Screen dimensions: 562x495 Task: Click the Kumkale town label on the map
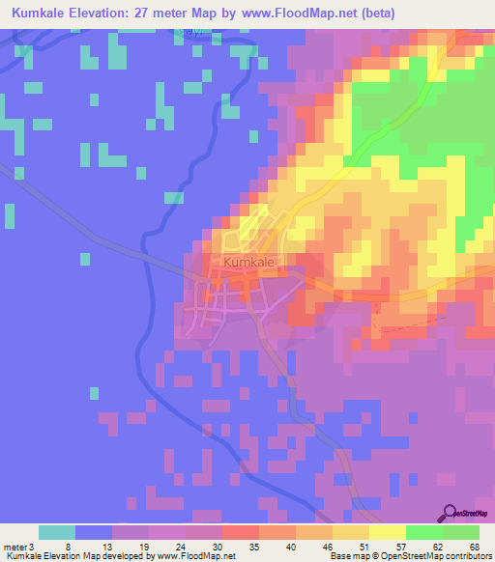tap(249, 262)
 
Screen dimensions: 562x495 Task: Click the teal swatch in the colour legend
tap(57, 532)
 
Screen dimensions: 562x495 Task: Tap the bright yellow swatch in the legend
tap(388, 532)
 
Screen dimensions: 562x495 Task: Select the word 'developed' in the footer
tap(127, 555)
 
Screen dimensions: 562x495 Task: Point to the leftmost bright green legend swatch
tap(424, 532)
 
